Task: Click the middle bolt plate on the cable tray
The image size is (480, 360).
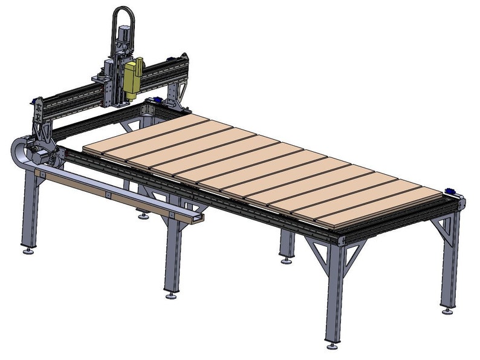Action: coord(106,195)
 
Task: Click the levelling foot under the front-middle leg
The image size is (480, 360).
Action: coord(172,296)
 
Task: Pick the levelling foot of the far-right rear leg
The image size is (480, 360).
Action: coord(447,310)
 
